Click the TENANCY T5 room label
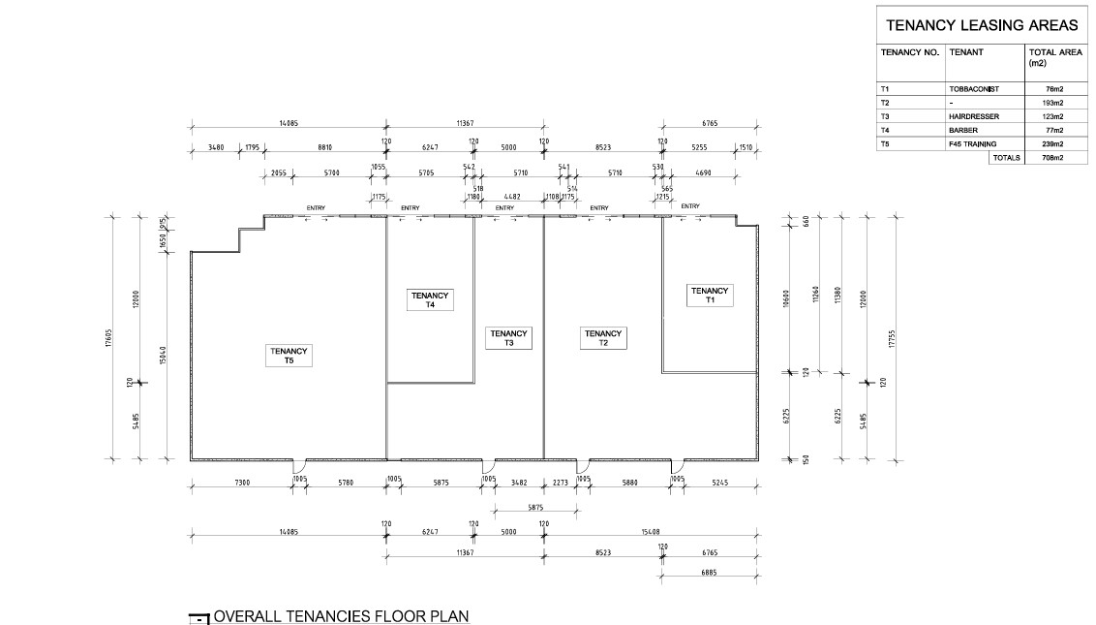(x=288, y=356)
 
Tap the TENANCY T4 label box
(x=430, y=299)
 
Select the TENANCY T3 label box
(x=508, y=338)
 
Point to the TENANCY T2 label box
(x=603, y=338)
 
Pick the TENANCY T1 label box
(x=710, y=295)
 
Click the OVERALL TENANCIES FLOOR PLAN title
(x=342, y=615)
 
